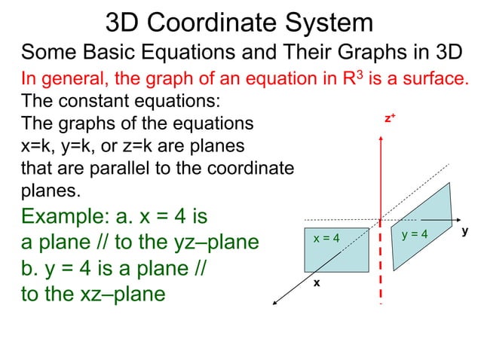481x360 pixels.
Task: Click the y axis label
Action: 465,233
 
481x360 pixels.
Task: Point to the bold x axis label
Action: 317,283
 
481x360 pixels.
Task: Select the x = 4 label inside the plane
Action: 326,239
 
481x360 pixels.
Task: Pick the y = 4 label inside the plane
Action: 415,234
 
